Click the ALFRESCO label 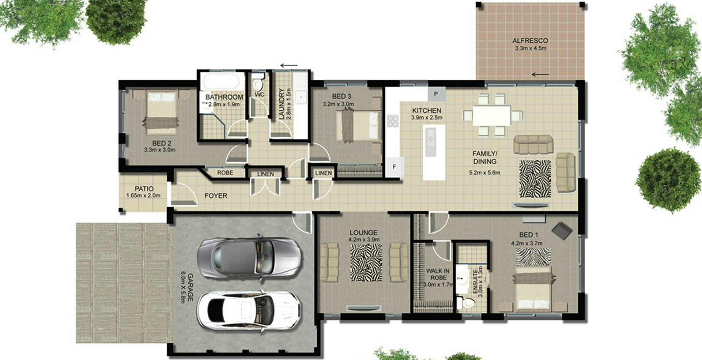[530, 41]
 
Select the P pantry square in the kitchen [436, 94]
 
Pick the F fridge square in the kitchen [394, 167]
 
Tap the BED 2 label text [162, 143]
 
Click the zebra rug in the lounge [366, 263]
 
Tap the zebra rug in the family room [535, 179]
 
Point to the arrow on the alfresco [540, 75]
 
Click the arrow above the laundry [289, 65]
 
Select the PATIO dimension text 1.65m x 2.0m [143, 195]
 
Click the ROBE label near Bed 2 [225, 173]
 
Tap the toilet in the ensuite [466, 303]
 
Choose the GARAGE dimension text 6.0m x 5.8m [183, 288]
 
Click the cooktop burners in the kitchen [393, 121]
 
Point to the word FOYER [216, 196]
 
